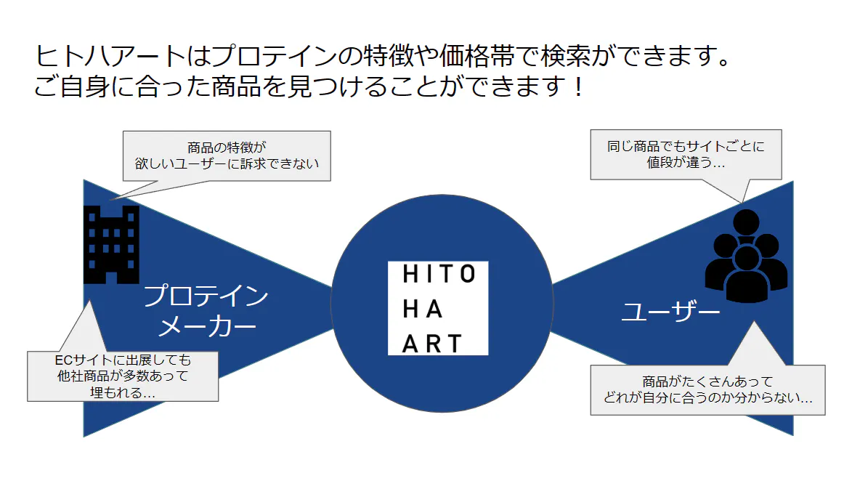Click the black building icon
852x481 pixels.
pyautogui.click(x=111, y=244)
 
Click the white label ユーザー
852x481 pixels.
pyautogui.click(x=670, y=312)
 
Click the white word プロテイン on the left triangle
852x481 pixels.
pyautogui.click(x=206, y=296)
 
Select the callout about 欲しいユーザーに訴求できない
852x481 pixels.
pyautogui.click(x=227, y=155)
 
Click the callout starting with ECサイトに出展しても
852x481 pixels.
pyautogui.click(x=123, y=376)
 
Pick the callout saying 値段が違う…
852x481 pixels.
pyautogui.click(x=686, y=154)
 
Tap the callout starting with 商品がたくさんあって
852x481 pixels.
pyautogui.click(x=707, y=389)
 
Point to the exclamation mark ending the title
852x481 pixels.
pyautogui.click(x=577, y=88)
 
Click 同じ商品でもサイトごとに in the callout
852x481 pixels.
pyautogui.click(x=686, y=146)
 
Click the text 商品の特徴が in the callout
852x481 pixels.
pyautogui.click(x=227, y=147)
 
